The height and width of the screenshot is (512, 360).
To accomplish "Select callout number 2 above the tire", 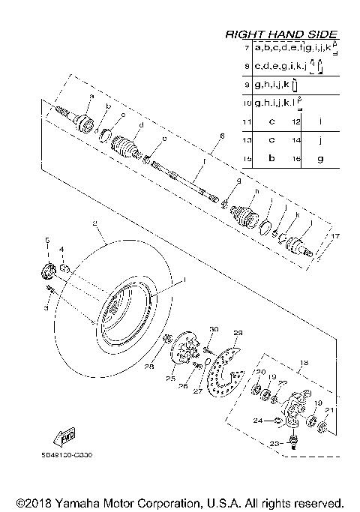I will pyautogui.click(x=95, y=223).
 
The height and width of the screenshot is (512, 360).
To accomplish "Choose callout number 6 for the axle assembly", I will pyautogui.click(x=222, y=136).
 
